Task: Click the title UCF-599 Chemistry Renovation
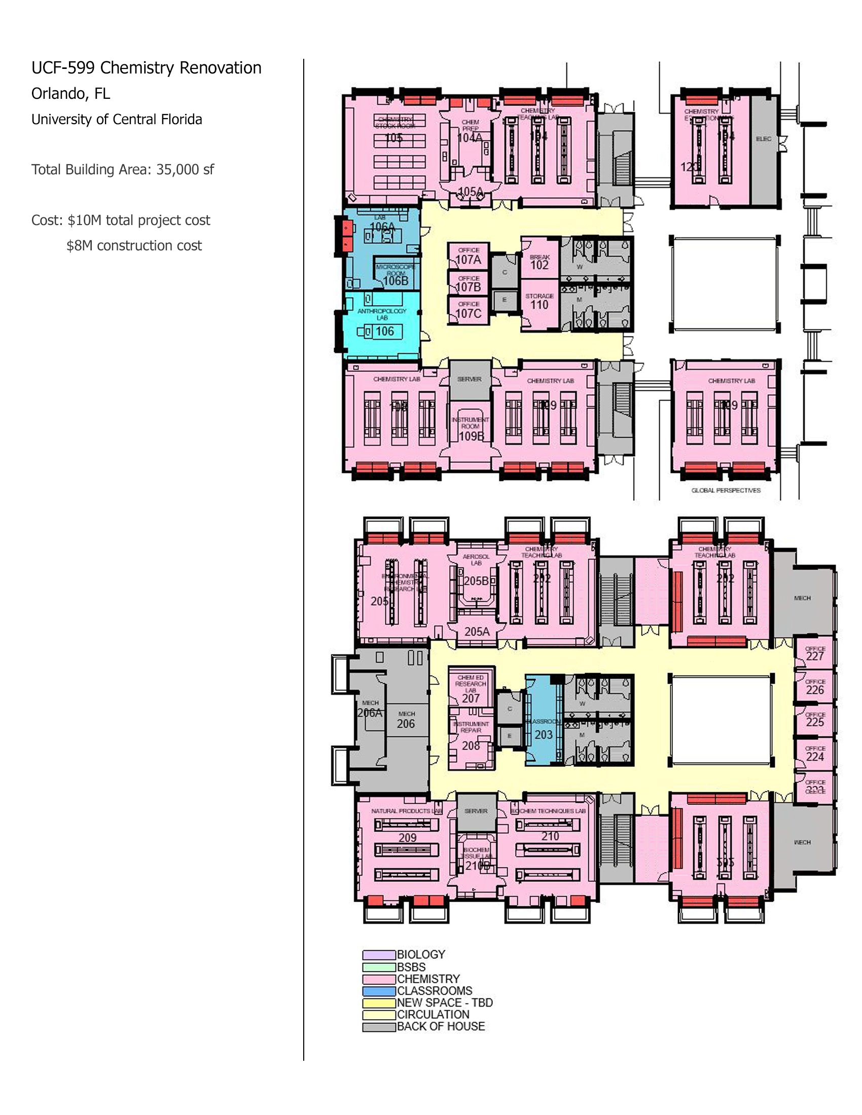click(146, 68)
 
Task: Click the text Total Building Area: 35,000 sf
click(123, 169)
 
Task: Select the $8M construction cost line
click(134, 246)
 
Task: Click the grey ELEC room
click(764, 148)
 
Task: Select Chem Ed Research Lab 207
click(471, 689)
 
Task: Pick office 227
click(814, 653)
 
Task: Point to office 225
click(814, 719)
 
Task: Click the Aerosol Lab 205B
click(476, 577)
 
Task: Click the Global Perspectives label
click(726, 490)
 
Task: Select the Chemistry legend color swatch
click(379, 979)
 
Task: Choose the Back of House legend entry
click(440, 1027)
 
